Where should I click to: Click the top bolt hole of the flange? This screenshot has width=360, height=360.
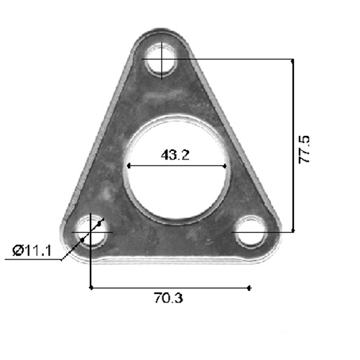point(163,60)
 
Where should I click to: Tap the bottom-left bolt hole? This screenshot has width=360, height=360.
point(92,232)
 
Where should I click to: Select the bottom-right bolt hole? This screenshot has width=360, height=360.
point(251,232)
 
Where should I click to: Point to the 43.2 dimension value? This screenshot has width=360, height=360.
point(176,154)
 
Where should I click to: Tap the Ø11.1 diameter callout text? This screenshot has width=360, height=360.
point(32,250)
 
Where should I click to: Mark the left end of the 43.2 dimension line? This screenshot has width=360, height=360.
point(127,166)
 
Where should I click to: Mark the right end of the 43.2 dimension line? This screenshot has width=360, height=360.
point(229,166)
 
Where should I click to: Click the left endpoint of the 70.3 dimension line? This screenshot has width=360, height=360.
point(91,288)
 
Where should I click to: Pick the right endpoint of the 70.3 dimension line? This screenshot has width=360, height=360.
point(249,288)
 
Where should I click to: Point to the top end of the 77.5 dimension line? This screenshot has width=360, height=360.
point(292,60)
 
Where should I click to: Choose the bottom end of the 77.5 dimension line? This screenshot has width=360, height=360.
point(292,231)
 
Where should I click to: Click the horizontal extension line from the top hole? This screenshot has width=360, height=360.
point(230,60)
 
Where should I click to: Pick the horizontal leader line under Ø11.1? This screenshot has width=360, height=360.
point(32,260)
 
